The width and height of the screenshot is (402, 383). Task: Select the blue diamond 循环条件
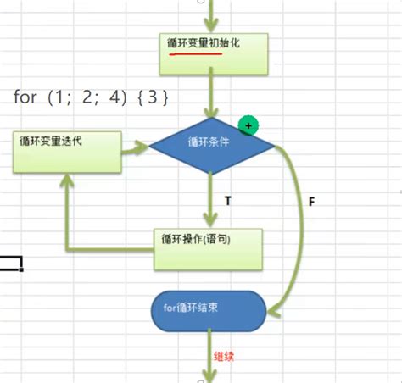point(212,146)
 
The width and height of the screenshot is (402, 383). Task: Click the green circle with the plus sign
point(248,125)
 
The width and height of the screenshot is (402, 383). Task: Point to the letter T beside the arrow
point(227,200)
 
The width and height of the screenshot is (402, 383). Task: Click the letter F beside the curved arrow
point(311,204)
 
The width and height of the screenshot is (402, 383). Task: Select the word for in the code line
point(25,97)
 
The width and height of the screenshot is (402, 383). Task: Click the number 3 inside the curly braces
point(153,97)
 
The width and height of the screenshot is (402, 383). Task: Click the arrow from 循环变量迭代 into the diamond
point(134,153)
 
